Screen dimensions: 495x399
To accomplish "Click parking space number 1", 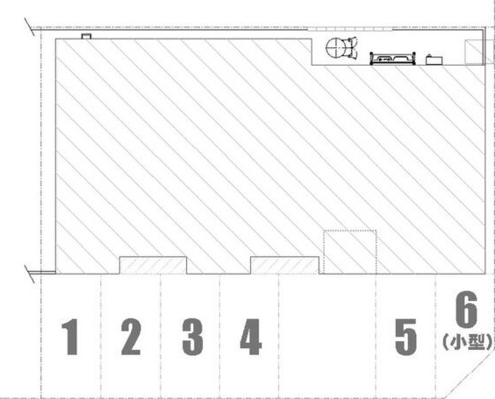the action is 71,337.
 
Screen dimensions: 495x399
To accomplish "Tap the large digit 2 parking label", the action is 131,337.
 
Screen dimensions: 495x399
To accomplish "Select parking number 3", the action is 192,337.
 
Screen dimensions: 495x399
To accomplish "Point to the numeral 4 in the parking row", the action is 251,337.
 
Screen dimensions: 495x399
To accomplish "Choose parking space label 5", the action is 406,337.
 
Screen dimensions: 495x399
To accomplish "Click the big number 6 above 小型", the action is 466,310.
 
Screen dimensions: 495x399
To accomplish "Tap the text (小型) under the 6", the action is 468,342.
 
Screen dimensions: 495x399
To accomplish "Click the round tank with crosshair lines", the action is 335,48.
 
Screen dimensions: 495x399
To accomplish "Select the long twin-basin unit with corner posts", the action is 392,59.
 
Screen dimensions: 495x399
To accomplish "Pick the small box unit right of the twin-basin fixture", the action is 434,60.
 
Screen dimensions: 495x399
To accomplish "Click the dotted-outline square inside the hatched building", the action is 350,252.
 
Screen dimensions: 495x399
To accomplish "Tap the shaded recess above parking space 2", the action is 153,265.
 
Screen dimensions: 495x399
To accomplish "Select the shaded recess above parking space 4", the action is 284,265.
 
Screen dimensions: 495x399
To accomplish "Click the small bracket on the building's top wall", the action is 87,36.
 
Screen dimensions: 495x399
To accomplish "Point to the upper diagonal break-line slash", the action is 30,27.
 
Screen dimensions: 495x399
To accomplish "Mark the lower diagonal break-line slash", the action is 30,274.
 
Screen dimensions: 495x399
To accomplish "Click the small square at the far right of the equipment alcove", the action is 474,52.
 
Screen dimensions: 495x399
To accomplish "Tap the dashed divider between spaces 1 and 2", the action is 101,336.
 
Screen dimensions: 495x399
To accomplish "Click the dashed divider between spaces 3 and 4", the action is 219,336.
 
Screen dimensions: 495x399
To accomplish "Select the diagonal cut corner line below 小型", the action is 470,374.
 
